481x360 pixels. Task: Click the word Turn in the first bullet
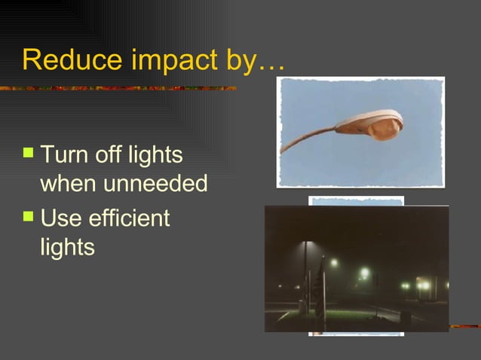[63, 156]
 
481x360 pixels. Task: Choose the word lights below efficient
[67, 248]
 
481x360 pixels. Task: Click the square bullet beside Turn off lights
[29, 154]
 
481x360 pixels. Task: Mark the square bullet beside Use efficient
[29, 217]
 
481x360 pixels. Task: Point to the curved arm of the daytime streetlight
[305, 139]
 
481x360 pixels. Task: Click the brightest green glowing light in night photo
[365, 273]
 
